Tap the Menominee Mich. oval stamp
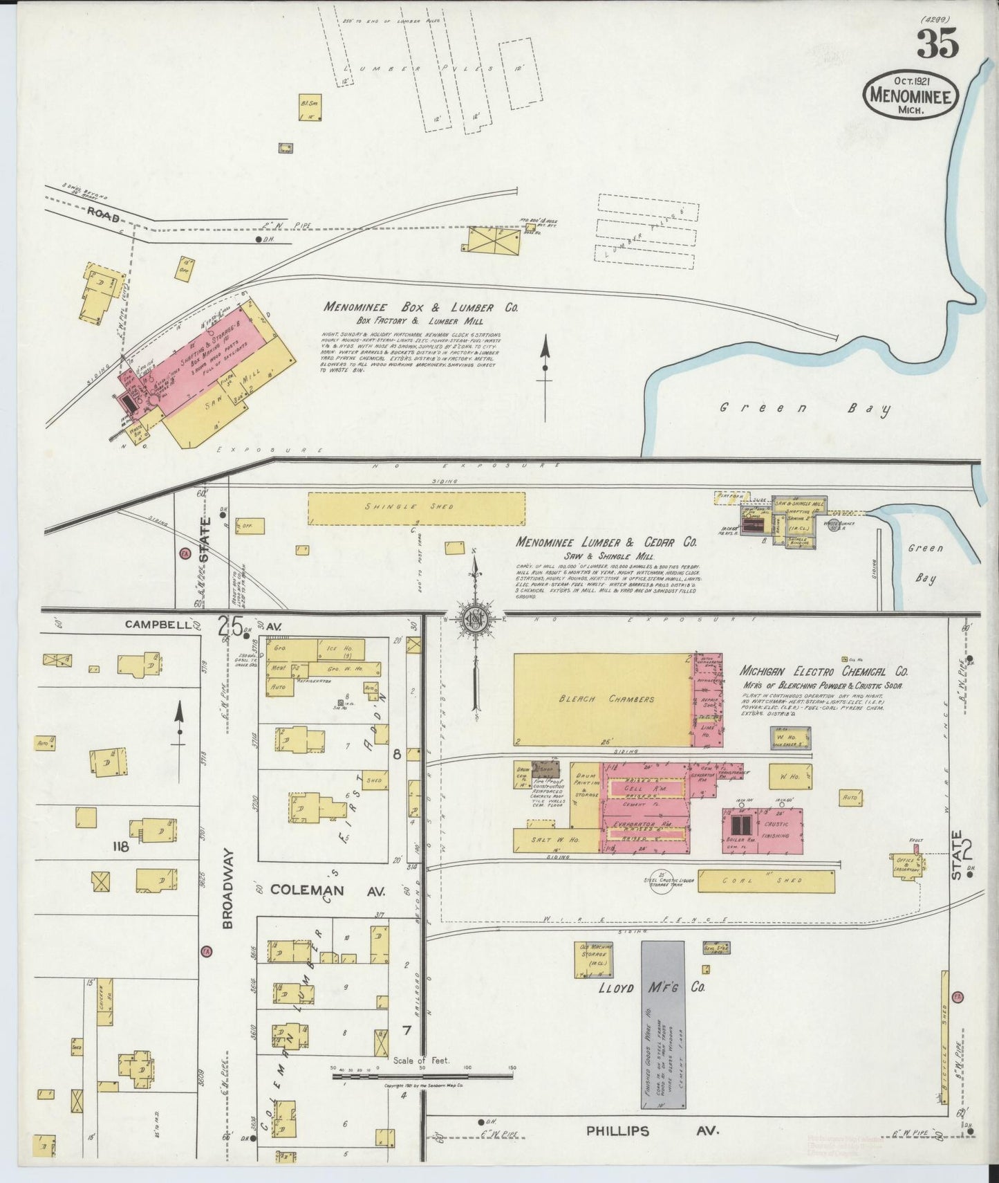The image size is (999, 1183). click(911, 95)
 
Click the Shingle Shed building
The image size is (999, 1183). click(416, 508)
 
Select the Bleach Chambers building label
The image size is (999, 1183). click(606, 699)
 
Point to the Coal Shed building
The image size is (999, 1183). click(766, 881)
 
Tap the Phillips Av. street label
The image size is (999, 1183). click(652, 1131)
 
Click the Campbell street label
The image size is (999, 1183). click(158, 624)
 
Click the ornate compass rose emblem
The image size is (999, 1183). click(476, 617)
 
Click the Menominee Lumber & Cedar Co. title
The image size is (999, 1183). click(606, 542)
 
